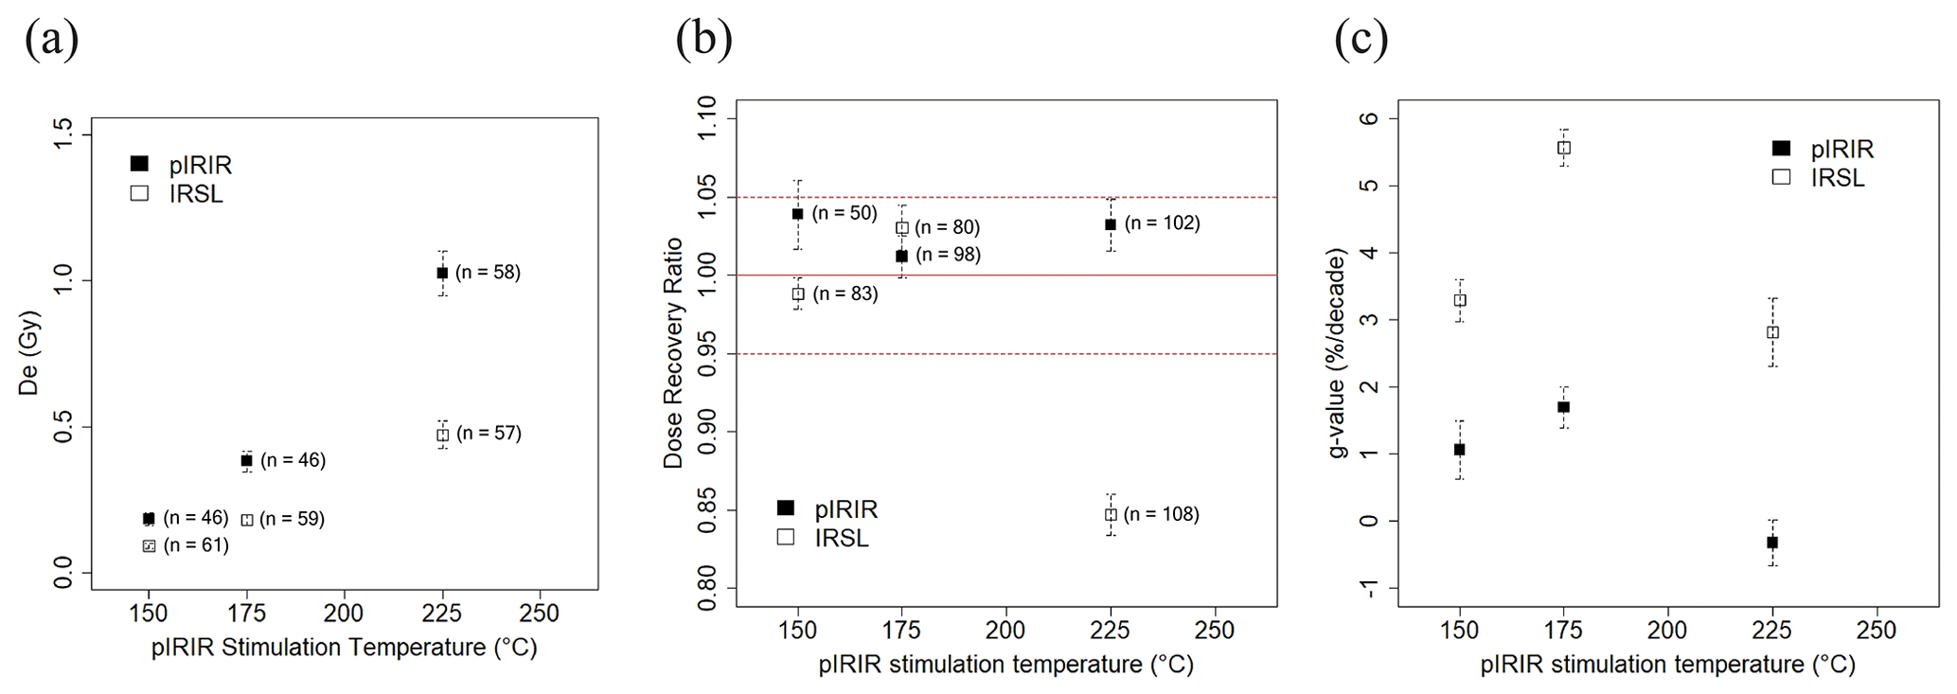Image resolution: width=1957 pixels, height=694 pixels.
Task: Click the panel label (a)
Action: coord(51,41)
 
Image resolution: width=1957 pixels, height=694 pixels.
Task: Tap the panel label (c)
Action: coord(1361,41)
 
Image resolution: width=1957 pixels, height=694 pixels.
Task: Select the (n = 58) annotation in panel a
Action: coord(488,273)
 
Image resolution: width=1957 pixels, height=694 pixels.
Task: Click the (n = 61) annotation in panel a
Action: coord(196,545)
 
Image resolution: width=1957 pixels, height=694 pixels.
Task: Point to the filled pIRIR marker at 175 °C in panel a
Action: coord(247,461)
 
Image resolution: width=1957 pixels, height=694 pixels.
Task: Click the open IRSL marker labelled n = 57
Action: coord(442,435)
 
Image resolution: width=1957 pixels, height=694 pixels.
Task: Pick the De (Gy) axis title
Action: coord(29,353)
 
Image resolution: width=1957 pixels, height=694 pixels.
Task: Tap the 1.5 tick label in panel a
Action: coord(63,135)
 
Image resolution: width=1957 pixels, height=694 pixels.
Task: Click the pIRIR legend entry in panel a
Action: coord(181,165)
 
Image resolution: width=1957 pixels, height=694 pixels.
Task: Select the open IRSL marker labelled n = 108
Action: coord(1111,515)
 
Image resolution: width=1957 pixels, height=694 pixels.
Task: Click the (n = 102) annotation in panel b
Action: coord(1162,223)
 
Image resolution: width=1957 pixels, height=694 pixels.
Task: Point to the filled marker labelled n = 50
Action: coord(798,214)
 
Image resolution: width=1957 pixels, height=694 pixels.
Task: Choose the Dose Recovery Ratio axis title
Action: coord(673,353)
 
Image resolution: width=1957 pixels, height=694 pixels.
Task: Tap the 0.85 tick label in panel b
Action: coord(707,510)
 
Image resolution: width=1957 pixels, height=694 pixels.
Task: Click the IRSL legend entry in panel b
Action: coord(823,538)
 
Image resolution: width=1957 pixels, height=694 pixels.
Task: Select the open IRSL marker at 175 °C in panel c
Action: coord(1564,148)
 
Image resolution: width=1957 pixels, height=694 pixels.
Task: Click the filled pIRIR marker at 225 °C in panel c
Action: coord(1772,543)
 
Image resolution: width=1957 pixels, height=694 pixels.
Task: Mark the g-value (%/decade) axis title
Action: coord(1337,353)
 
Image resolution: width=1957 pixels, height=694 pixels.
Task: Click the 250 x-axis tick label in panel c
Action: coord(1877,631)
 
